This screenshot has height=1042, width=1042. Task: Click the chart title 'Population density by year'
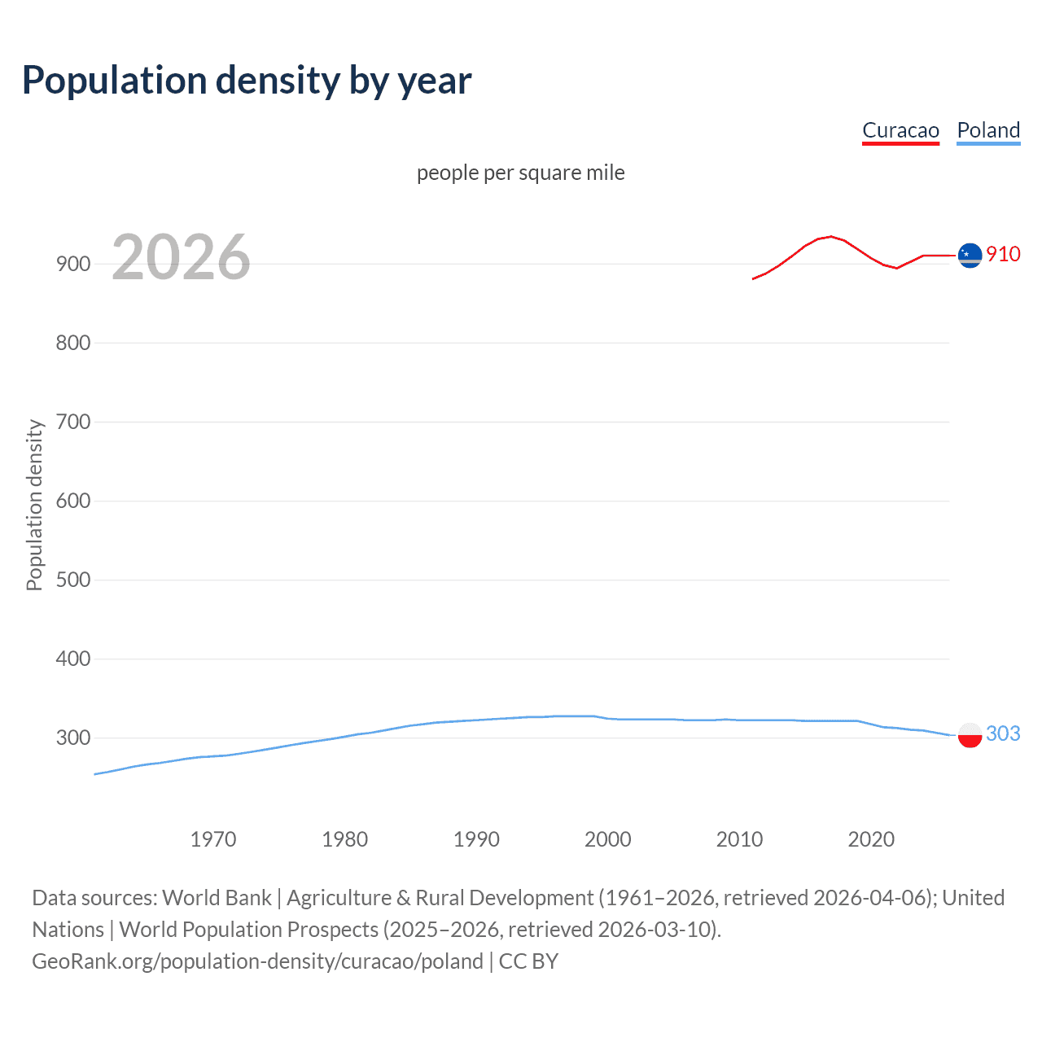[x=247, y=81]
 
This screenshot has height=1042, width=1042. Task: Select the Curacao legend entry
[x=900, y=130]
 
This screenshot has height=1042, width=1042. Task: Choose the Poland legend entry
[x=988, y=130]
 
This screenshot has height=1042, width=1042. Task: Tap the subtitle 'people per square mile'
[x=520, y=173]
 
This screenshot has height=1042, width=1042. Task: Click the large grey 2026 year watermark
[x=181, y=257]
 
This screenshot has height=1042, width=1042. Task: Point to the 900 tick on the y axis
[x=72, y=264]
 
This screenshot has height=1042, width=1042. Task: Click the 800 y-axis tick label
[x=72, y=343]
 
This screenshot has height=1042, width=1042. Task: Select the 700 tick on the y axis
[x=72, y=422]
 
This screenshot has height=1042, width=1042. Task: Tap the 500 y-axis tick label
[x=72, y=580]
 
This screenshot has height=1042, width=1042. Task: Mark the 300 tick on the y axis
[x=72, y=738]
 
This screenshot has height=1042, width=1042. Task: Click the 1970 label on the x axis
[x=213, y=839]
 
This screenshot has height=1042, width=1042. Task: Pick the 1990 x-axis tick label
[x=476, y=839]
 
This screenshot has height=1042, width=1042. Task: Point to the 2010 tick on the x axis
[x=739, y=839]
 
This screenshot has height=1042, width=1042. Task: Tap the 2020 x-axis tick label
[x=871, y=839]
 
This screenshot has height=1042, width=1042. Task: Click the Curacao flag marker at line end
[x=970, y=255]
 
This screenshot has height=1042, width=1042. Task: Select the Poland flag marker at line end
[x=970, y=734]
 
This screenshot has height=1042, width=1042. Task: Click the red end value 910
[x=1003, y=254]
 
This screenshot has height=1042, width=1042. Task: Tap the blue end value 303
[x=1003, y=733]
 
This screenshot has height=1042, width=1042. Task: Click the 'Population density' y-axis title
[x=34, y=505]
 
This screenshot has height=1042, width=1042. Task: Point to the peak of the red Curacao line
[x=830, y=236]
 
